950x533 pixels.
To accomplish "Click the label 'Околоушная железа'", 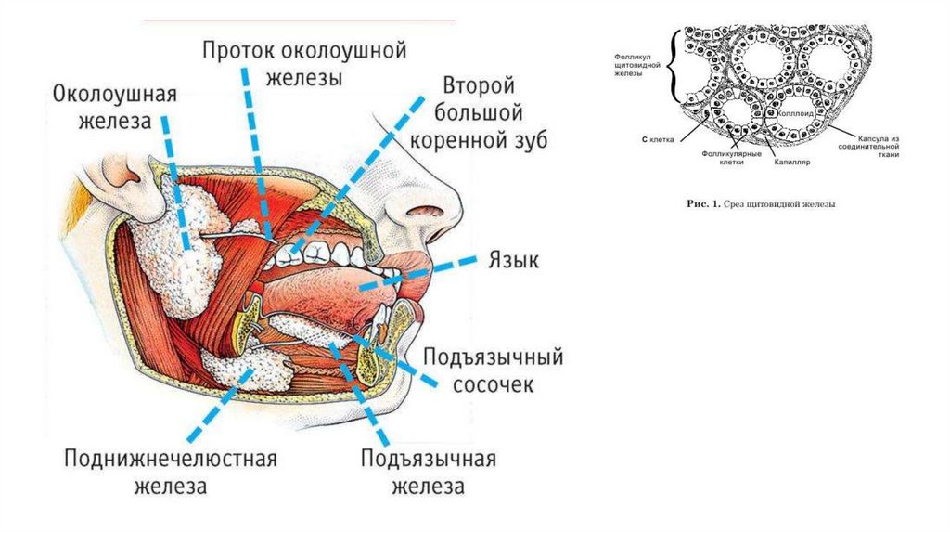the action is click(x=114, y=108).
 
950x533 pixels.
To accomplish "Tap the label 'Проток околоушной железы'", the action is click(x=305, y=62).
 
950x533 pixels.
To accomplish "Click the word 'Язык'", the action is click(x=513, y=260).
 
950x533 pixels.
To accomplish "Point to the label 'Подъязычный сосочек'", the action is click(x=492, y=370).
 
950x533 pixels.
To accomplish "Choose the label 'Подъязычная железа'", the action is click(x=428, y=473).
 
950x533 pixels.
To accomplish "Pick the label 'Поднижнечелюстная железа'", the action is click(x=171, y=472).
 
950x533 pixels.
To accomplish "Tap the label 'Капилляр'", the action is click(x=789, y=161).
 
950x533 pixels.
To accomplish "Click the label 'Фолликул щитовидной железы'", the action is click(x=635, y=69).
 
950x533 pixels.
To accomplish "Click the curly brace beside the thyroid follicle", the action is click(x=676, y=69).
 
